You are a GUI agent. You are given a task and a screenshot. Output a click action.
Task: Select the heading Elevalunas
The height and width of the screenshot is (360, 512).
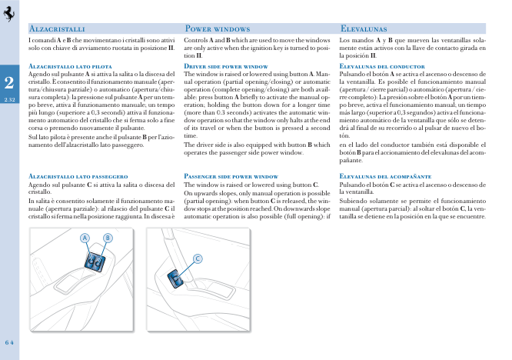click(368, 28)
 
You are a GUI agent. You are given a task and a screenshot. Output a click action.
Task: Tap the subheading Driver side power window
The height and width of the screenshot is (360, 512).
click(226, 67)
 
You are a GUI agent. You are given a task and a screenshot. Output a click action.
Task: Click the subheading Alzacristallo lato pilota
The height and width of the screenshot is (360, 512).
click(71, 67)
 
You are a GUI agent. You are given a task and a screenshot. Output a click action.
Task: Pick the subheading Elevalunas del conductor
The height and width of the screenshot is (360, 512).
click(382, 67)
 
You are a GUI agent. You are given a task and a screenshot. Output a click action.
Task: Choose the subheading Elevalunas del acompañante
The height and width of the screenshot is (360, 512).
click(387, 176)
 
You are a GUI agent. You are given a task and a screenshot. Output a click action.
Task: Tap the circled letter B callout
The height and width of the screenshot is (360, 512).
click(108, 238)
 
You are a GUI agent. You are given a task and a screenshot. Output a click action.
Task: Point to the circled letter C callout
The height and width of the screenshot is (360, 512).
click(198, 258)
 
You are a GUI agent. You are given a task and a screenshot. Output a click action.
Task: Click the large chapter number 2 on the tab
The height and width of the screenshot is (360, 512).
click(8, 82)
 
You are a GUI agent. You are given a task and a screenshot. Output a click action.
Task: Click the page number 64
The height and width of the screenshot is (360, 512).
click(10, 342)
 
